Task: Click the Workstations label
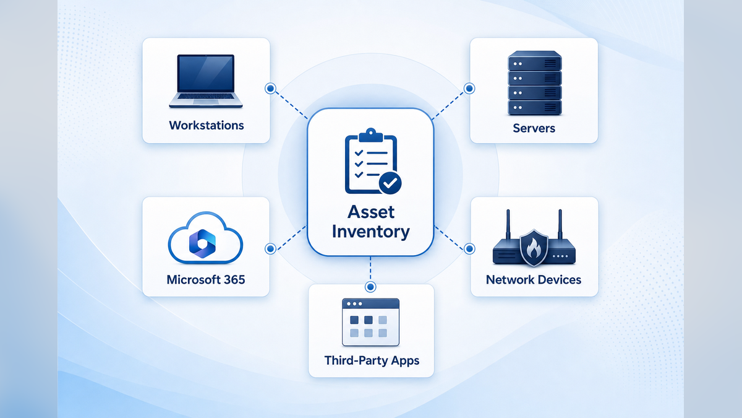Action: pos(207,125)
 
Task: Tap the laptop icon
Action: pos(206,81)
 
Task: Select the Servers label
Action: pos(534,128)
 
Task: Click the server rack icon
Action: pos(535,83)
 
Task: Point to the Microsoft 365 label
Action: pos(206,280)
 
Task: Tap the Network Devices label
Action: pos(534,280)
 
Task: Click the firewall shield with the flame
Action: pos(534,248)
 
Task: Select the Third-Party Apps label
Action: pos(372,360)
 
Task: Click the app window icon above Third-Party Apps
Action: pos(370,322)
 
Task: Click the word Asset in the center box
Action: pos(371,212)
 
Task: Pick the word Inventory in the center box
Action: pos(371,232)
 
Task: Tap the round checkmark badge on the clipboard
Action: pos(390,183)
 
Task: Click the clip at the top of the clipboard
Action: pos(370,135)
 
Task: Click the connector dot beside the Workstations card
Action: pos(271,89)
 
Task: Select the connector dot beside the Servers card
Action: pos(469,89)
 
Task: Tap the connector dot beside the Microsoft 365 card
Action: pos(271,248)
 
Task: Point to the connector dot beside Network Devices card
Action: pos(469,248)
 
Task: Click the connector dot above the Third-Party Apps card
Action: pos(370,287)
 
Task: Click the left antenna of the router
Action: pos(508,225)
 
